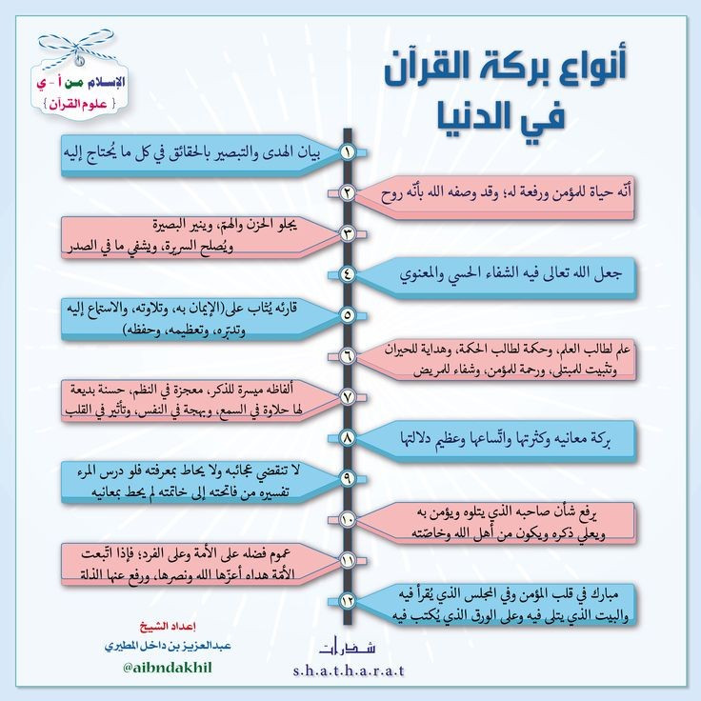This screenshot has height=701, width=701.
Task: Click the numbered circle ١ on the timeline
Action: point(348,152)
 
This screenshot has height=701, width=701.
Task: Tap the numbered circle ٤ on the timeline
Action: point(348,274)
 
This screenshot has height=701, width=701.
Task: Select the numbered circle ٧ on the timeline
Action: point(348,397)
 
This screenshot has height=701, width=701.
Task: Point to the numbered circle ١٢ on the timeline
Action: point(348,601)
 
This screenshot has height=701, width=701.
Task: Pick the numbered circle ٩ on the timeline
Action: point(348,478)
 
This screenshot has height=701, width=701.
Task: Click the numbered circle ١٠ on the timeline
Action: point(348,519)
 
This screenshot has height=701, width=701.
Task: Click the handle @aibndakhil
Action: point(168,668)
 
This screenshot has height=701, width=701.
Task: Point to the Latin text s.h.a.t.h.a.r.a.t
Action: point(349,671)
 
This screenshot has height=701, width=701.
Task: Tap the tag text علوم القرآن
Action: point(79,104)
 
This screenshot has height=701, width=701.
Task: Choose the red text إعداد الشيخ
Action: point(168,627)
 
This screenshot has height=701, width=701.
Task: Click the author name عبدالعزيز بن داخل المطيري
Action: point(168,647)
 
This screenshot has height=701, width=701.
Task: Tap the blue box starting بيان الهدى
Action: point(200,154)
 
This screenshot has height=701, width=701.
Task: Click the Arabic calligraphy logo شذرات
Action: point(349,647)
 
